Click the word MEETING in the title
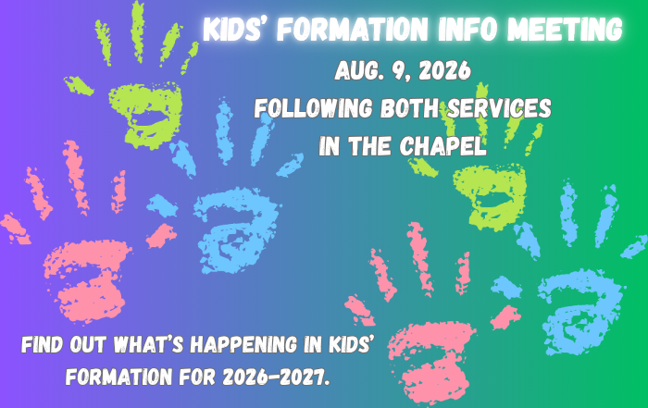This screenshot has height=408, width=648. [x=565, y=29]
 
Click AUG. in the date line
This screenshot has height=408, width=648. [x=359, y=70]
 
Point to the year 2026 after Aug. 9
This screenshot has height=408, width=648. [x=444, y=70]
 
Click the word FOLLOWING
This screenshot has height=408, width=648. [x=313, y=108]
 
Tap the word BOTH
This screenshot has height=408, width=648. [x=409, y=108]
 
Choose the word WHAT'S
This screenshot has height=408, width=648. [x=148, y=344]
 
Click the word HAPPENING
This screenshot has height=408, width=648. [x=243, y=344]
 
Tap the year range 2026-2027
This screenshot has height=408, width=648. [x=276, y=377]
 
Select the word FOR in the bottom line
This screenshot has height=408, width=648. [x=197, y=377]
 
